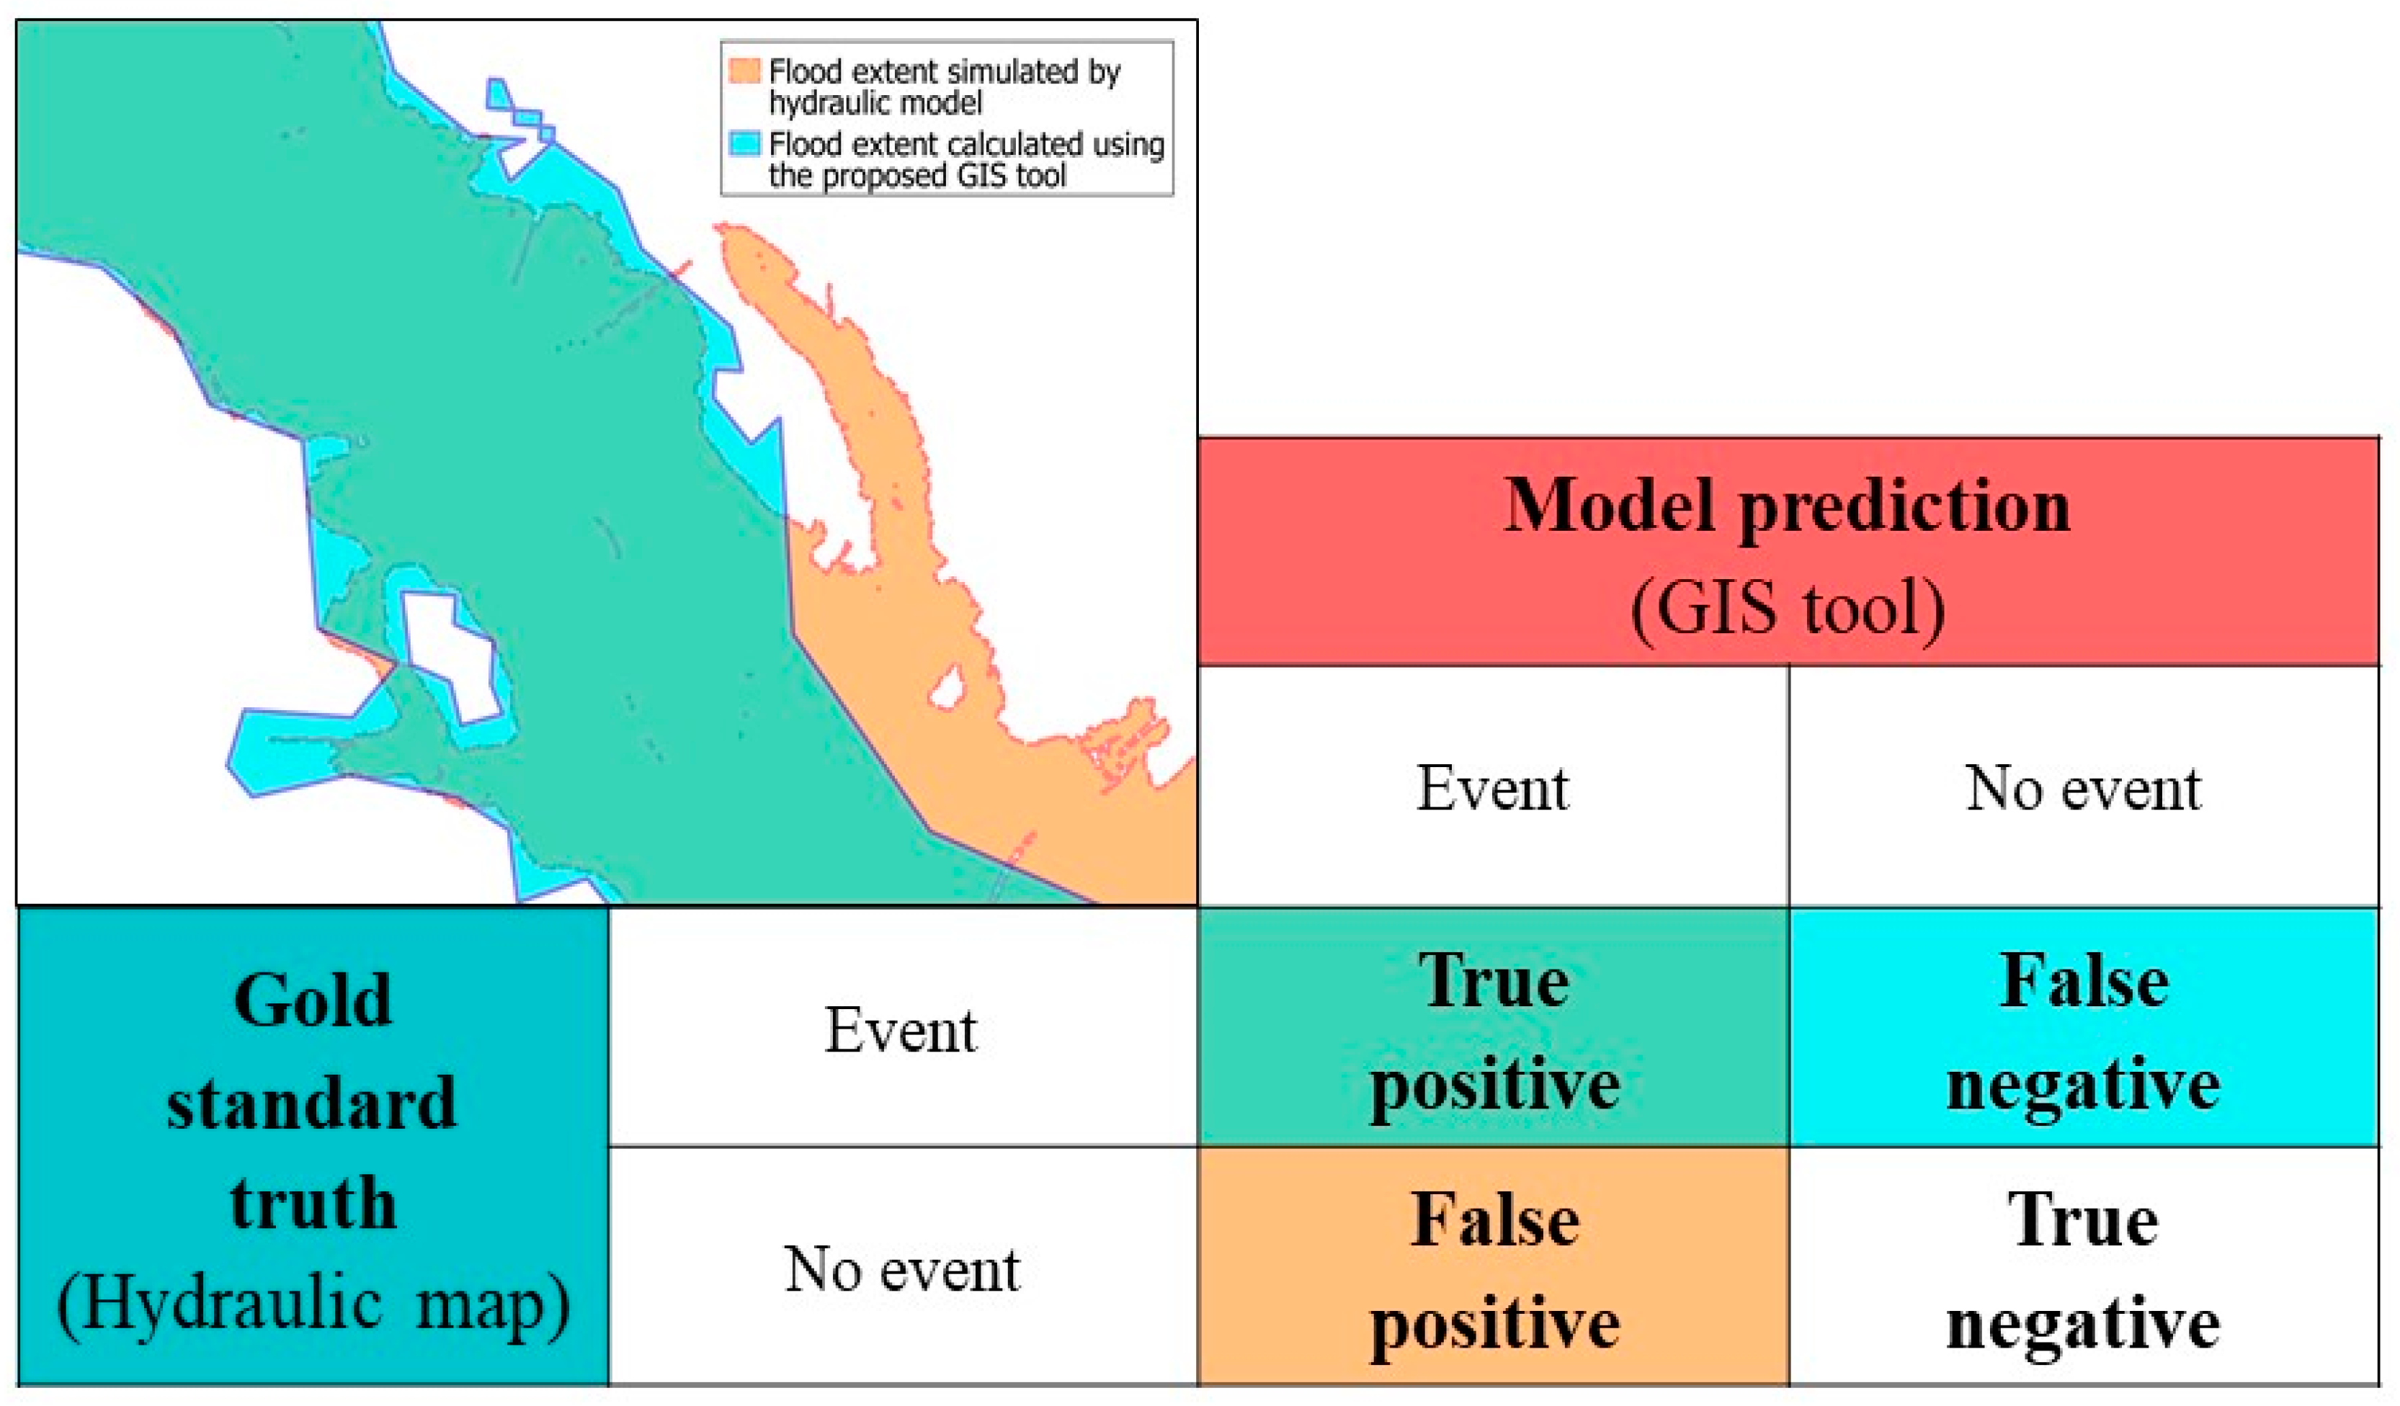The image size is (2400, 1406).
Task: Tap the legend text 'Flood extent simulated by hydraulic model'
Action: pyautogui.click(x=945, y=86)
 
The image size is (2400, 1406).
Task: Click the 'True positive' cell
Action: pyautogui.click(x=1494, y=1027)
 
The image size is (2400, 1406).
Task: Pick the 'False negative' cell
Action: pyautogui.click(x=2084, y=1027)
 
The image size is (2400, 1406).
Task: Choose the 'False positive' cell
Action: pyautogui.click(x=1494, y=1266)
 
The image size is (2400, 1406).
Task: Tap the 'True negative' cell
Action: pyautogui.click(x=2084, y=1266)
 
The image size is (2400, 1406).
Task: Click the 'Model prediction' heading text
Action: pyautogui.click(x=1787, y=506)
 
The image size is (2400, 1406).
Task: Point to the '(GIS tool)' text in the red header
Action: pyautogui.click(x=1788, y=609)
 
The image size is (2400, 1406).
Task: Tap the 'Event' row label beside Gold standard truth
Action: pyautogui.click(x=901, y=1030)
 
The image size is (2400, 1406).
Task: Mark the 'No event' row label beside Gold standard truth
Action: pyautogui.click(x=902, y=1269)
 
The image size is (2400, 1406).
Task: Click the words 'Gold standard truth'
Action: pyautogui.click(x=313, y=1101)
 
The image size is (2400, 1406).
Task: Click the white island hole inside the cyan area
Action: pyautogui.click(x=450, y=657)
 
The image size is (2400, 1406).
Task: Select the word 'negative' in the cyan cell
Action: pyautogui.click(x=2084, y=1084)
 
